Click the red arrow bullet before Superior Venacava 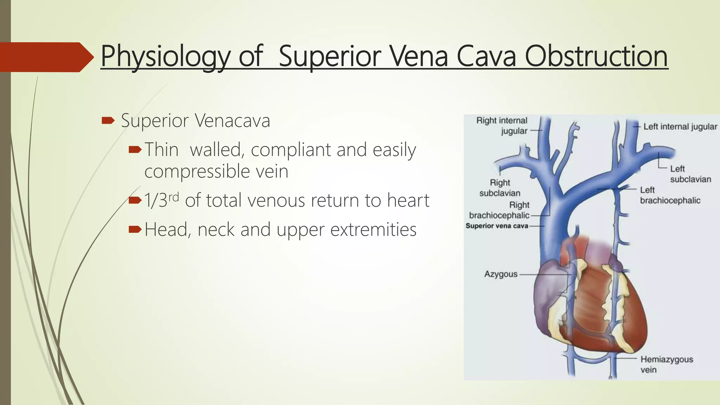point(108,121)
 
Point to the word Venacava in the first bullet point(232,121)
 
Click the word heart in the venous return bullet point(408,200)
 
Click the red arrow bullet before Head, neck point(135,230)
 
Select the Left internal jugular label point(680,127)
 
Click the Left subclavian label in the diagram point(690,174)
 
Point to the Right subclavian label point(500,188)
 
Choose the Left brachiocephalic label point(670,195)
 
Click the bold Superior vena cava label point(497,226)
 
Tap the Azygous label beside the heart point(501,274)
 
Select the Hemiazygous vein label point(666,364)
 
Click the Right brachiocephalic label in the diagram point(500,210)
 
